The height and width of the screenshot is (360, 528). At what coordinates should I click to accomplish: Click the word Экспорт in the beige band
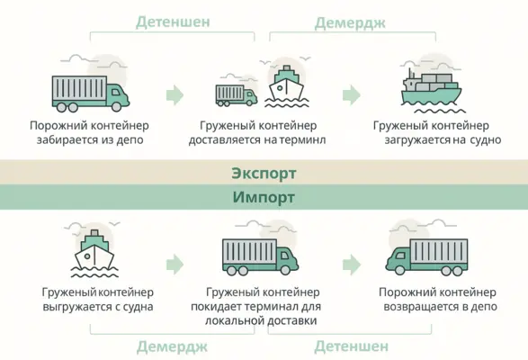click(264, 174)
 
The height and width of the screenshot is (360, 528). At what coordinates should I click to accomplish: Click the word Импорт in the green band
click(264, 197)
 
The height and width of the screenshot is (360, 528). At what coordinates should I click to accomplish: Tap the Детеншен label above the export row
click(173, 22)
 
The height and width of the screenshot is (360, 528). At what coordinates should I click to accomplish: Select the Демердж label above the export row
click(350, 22)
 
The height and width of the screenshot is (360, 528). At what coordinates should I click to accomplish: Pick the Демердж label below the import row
click(172, 346)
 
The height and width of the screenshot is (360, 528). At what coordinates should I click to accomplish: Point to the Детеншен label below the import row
click(351, 346)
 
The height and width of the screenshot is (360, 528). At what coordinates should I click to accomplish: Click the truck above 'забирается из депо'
click(91, 94)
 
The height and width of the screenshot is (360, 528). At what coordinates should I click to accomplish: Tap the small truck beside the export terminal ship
click(236, 95)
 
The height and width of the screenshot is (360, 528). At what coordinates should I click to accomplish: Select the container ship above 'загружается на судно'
click(431, 91)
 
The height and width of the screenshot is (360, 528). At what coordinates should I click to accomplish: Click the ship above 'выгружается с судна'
click(94, 253)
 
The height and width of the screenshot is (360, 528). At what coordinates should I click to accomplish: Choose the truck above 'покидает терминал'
click(260, 256)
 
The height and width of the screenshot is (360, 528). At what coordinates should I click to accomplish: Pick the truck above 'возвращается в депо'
click(426, 256)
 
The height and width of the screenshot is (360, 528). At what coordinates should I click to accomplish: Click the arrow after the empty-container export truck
click(175, 95)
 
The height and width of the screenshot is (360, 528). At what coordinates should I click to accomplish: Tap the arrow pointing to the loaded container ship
click(352, 95)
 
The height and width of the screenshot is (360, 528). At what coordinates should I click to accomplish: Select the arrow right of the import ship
click(175, 265)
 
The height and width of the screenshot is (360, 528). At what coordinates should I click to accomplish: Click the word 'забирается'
click(63, 140)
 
